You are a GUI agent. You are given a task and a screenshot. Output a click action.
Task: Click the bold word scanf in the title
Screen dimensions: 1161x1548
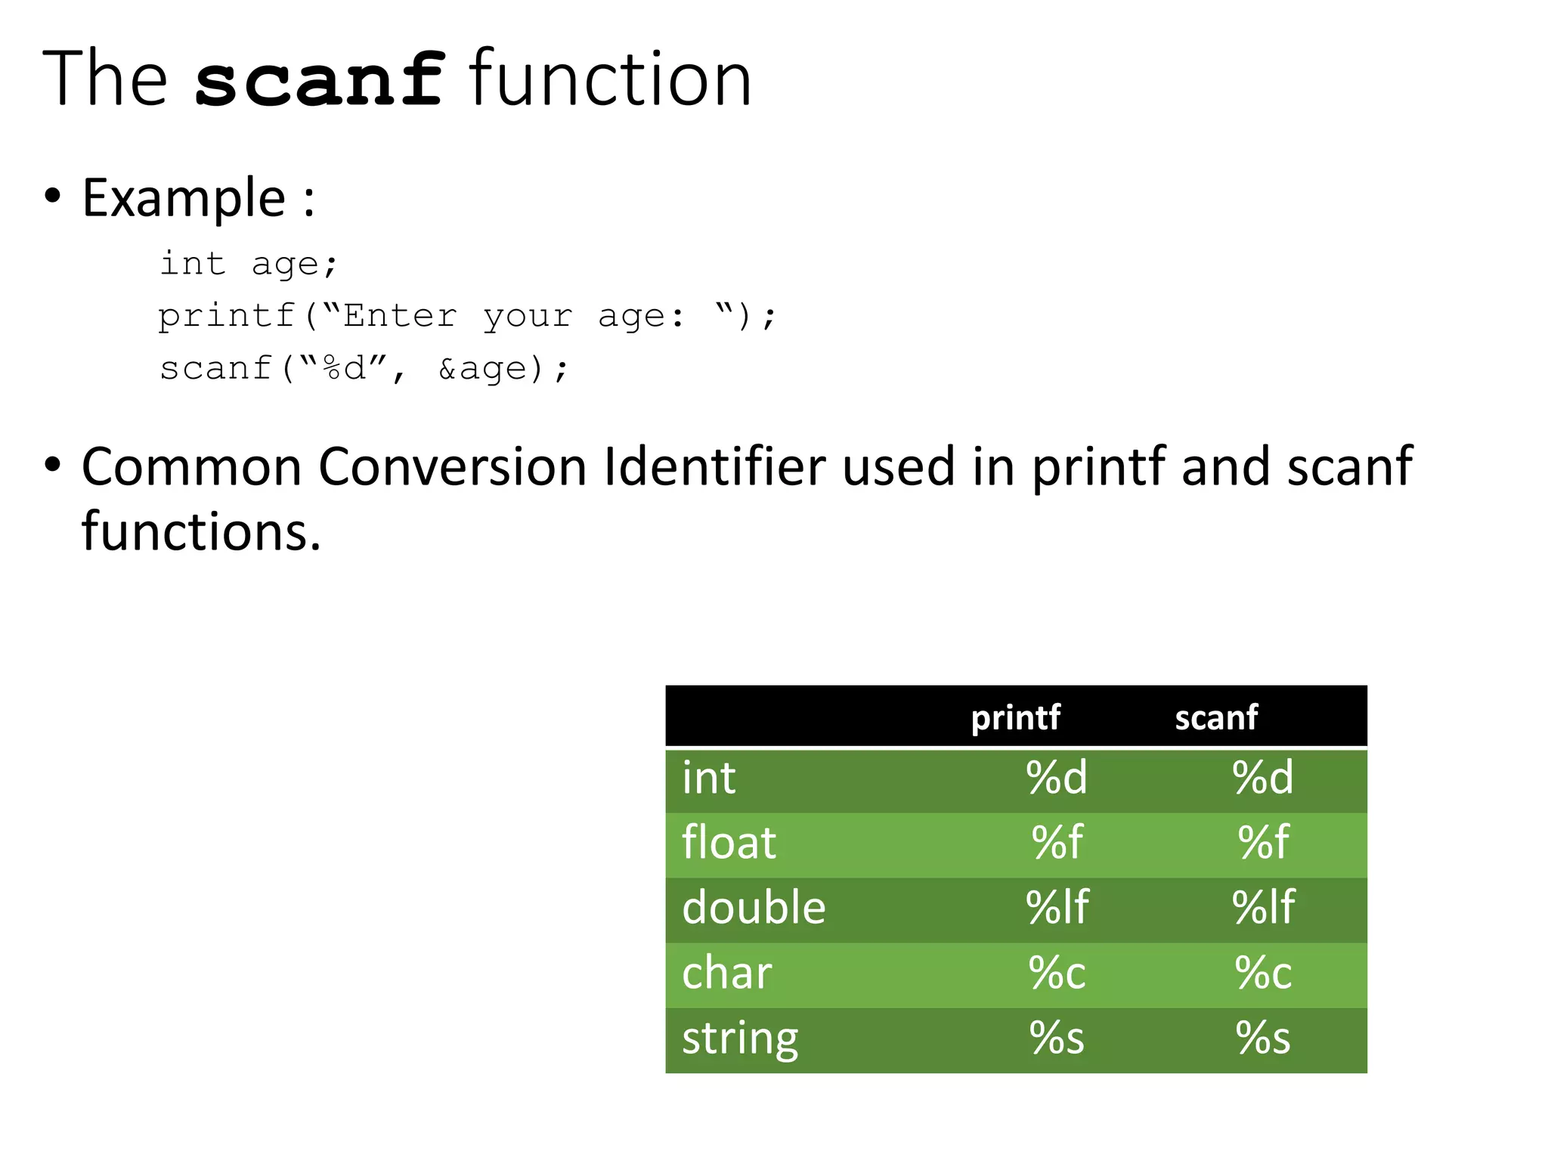pos(319,80)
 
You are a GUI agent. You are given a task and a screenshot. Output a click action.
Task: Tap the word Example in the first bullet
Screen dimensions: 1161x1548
pos(184,198)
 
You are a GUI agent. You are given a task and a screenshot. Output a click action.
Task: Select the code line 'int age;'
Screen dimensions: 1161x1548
pos(249,264)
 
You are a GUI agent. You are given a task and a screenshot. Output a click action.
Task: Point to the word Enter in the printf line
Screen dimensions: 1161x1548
pos(400,316)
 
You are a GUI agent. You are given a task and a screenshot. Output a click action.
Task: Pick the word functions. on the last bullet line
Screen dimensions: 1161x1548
pos(201,531)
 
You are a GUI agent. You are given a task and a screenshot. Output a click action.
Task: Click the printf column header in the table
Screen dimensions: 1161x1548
pos(1015,717)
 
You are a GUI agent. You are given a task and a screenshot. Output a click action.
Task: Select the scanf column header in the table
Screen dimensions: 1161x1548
pos(1216,717)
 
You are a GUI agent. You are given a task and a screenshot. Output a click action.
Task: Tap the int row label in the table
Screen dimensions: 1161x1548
pos(708,778)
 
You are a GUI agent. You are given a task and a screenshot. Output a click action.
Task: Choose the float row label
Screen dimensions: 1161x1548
pos(729,843)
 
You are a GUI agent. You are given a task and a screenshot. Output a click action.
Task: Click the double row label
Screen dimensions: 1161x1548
pos(754,908)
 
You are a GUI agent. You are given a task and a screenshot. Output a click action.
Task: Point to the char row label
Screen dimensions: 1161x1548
pos(726,973)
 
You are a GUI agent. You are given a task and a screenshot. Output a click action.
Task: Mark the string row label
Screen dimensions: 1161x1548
pos(740,1039)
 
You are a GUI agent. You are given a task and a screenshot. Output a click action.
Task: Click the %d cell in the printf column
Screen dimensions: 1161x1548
pos(1057,778)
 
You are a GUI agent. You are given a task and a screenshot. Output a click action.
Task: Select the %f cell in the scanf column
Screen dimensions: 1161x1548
pos(1263,843)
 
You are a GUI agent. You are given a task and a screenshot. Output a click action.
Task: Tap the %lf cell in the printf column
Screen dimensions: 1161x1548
pos(1057,908)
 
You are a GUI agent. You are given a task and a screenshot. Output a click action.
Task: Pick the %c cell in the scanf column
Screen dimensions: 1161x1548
pos(1263,973)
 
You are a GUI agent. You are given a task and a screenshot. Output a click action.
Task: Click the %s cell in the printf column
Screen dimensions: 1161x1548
pos(1057,1039)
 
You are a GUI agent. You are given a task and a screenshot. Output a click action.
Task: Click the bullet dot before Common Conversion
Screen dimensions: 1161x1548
pos(52,465)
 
